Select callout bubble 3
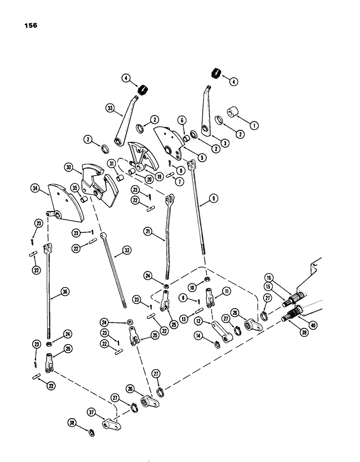pos(225,143)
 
